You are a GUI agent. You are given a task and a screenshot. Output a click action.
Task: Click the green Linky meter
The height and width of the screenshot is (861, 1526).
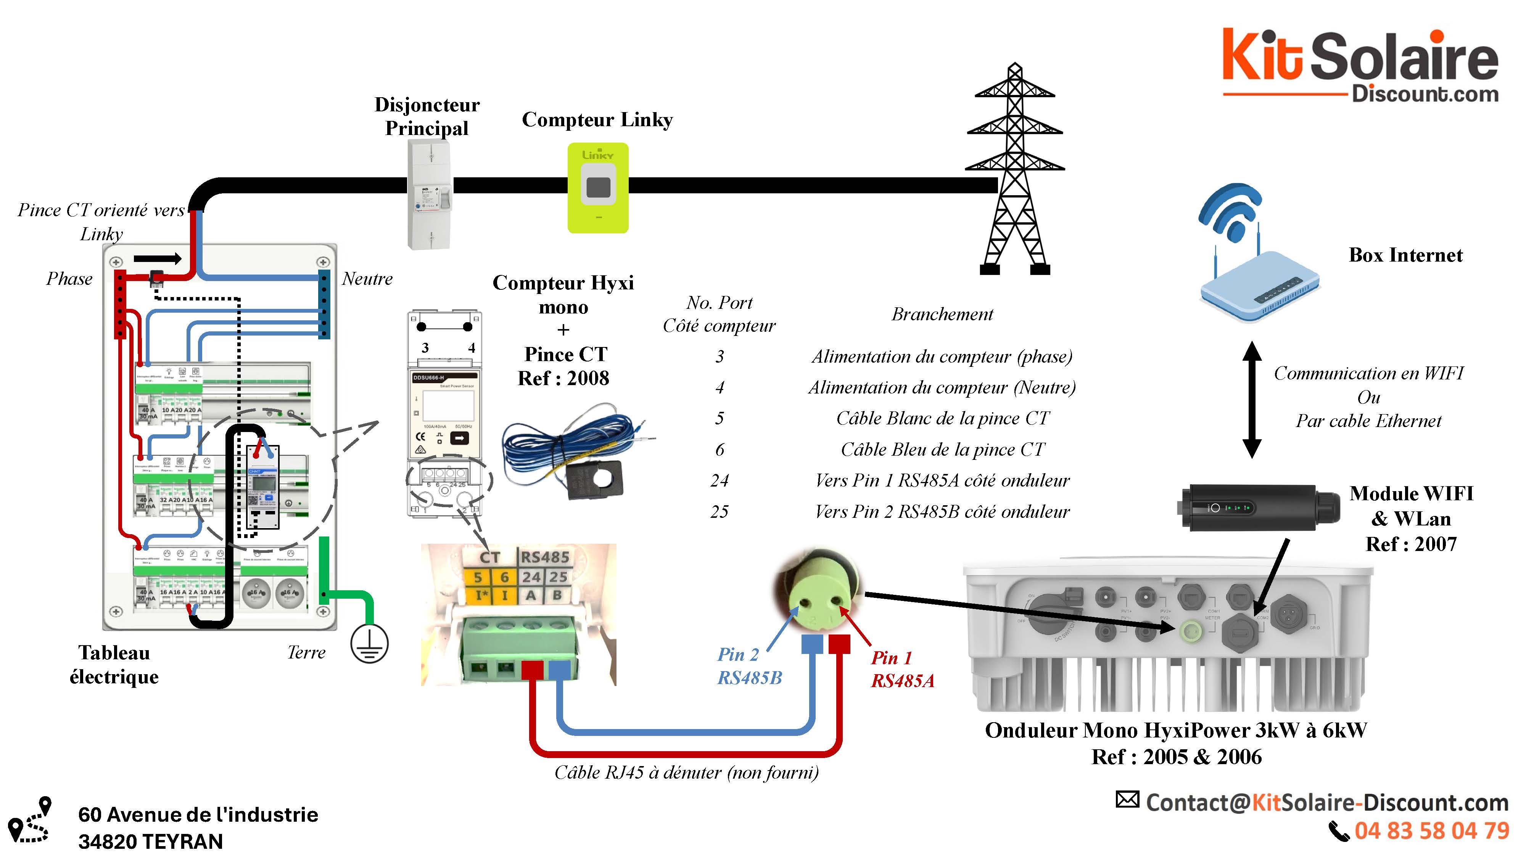[x=598, y=188]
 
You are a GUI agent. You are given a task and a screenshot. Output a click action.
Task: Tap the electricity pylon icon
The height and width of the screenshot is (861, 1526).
[x=1015, y=172]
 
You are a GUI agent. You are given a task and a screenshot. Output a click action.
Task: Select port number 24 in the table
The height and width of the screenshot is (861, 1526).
[x=719, y=480]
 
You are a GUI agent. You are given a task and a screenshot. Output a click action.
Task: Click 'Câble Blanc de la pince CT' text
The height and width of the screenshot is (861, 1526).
[x=942, y=419]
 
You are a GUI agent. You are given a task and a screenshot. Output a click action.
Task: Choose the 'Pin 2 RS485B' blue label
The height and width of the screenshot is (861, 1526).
[x=749, y=666]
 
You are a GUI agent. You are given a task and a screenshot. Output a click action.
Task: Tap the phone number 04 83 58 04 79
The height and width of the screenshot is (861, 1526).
[x=1431, y=831]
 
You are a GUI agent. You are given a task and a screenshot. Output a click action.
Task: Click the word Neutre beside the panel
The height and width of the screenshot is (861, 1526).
[x=367, y=279]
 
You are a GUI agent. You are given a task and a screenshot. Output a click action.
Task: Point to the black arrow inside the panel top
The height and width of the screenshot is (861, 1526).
[x=157, y=258]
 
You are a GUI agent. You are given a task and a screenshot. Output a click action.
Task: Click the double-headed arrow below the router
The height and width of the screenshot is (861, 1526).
[x=1251, y=400]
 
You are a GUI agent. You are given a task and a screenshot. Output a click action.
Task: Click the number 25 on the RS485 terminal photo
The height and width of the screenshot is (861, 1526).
[x=558, y=577]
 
